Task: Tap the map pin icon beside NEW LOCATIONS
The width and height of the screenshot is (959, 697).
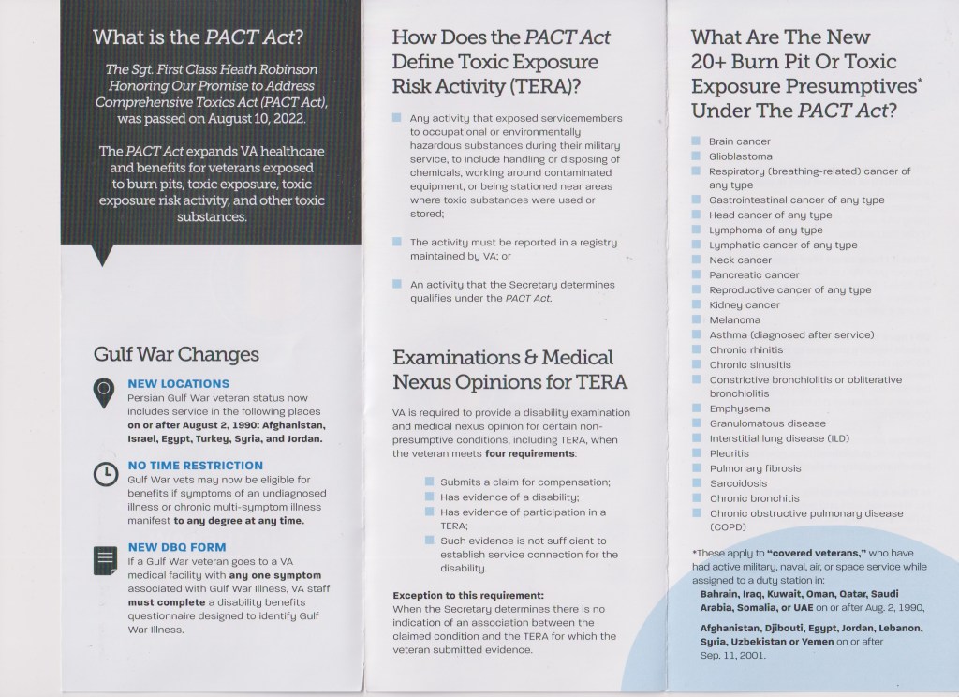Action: [x=106, y=393]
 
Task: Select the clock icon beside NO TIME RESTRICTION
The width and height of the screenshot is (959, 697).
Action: [x=106, y=474]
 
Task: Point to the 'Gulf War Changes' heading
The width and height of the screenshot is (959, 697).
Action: [x=176, y=355]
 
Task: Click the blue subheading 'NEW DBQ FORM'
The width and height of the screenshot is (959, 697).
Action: [x=177, y=546]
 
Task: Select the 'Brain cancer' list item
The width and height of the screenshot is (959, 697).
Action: [x=740, y=141]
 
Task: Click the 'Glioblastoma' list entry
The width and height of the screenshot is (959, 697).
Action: [x=741, y=156]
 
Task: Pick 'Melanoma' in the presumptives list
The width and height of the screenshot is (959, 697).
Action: [x=735, y=319]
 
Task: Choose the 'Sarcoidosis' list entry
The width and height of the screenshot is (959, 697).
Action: [x=739, y=483]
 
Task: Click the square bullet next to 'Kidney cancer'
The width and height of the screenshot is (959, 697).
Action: [x=696, y=304]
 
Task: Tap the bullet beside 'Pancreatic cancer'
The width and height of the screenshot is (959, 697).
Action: [x=696, y=274]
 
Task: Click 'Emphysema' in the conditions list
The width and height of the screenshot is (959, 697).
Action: [x=740, y=408]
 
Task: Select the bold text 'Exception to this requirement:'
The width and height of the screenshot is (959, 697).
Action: [x=467, y=594]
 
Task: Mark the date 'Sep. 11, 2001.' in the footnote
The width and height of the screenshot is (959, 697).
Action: [x=732, y=655]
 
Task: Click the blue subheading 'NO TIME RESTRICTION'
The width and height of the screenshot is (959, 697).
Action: [x=196, y=465]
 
